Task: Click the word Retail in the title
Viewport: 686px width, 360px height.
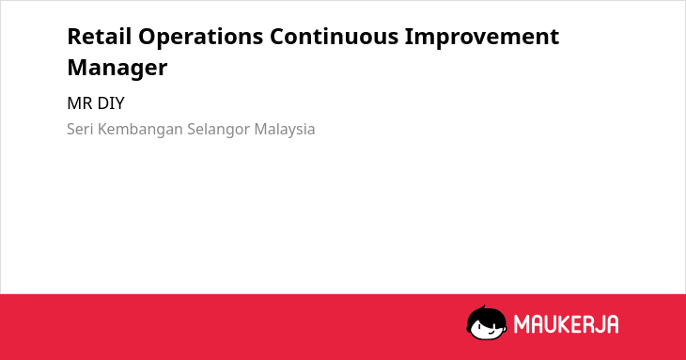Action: click(100, 36)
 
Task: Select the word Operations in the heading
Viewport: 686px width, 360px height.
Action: click(201, 37)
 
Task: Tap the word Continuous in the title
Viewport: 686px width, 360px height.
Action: click(335, 36)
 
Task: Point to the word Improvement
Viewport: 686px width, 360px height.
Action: click(482, 37)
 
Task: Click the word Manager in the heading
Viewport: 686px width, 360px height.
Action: click(117, 69)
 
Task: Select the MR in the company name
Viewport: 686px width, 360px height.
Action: click(80, 103)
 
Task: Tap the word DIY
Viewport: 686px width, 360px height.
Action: click(111, 103)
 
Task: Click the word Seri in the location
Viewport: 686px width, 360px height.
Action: click(80, 129)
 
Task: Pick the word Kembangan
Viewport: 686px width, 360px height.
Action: click(140, 130)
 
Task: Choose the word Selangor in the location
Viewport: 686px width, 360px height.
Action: click(219, 130)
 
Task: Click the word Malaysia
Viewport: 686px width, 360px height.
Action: click(285, 130)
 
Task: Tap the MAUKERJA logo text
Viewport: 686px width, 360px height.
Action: click(566, 324)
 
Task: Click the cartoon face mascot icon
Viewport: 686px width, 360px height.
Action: click(487, 322)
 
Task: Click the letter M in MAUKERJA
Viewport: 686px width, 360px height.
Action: click(522, 324)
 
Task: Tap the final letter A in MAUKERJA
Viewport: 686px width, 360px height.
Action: click(612, 324)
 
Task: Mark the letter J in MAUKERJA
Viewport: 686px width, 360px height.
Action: click(599, 324)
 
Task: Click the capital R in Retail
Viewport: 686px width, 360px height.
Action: click(75, 37)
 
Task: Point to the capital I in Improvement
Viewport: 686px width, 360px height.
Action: click(409, 37)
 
